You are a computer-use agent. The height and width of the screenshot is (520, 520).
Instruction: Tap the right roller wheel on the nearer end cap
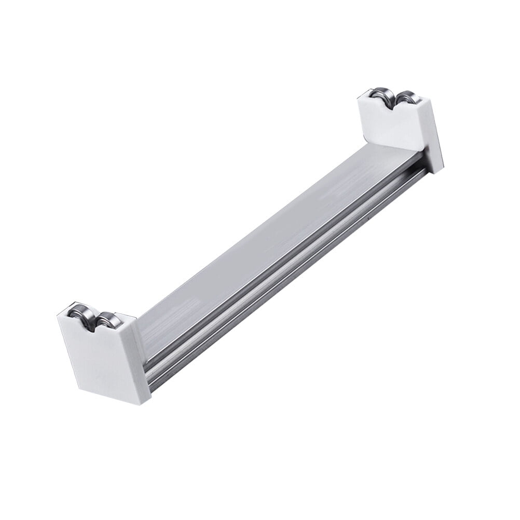click(x=108, y=320)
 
